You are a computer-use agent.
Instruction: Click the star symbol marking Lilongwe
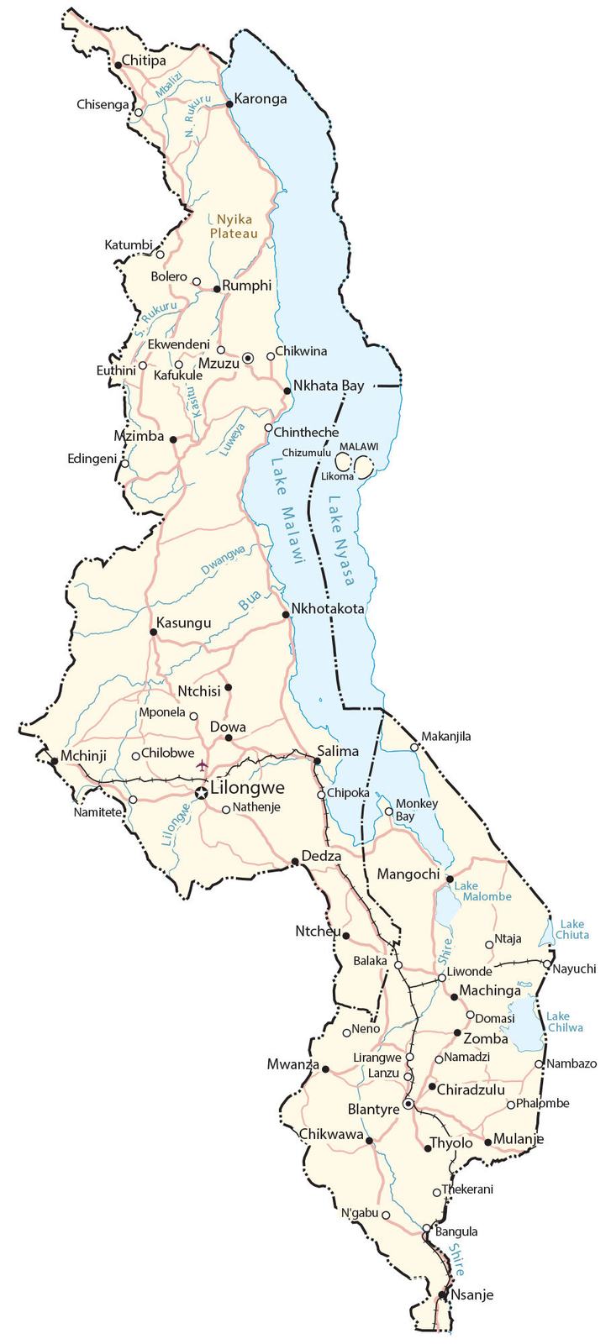(x=201, y=792)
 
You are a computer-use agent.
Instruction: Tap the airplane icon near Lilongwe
(x=201, y=764)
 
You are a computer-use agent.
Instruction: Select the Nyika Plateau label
(x=233, y=226)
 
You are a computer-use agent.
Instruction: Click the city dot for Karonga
(x=229, y=104)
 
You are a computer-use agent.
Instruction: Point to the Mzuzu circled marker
(x=248, y=358)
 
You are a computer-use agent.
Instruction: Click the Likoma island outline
(x=365, y=465)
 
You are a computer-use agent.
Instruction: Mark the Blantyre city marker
(x=408, y=1104)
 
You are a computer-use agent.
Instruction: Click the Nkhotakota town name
(x=328, y=608)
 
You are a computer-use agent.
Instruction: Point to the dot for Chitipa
(x=118, y=65)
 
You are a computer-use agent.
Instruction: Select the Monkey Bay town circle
(x=388, y=811)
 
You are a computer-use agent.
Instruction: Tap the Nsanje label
(x=472, y=1294)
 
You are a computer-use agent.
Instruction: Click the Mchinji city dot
(x=55, y=760)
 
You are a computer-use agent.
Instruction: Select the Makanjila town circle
(x=413, y=747)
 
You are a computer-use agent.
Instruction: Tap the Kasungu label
(x=184, y=622)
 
